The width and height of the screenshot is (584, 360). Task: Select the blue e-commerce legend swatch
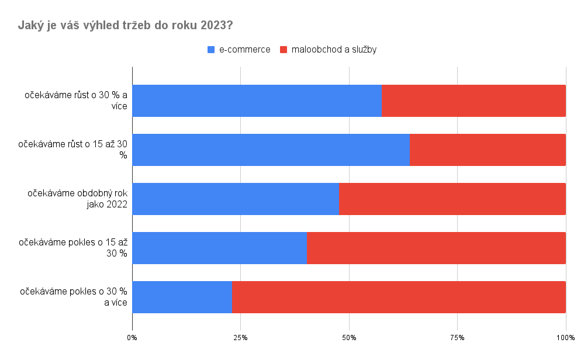tap(211, 50)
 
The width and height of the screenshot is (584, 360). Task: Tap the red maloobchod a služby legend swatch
tap(284, 50)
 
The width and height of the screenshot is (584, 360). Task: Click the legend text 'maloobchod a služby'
tap(334, 50)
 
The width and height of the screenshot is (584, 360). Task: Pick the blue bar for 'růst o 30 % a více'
tap(257, 101)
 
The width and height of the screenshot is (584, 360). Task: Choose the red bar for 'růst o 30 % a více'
tap(474, 101)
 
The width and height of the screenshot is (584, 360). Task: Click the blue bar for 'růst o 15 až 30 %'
tap(271, 150)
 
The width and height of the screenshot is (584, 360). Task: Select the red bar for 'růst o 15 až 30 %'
tap(488, 150)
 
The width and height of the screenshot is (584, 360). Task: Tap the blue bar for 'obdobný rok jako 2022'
tap(236, 199)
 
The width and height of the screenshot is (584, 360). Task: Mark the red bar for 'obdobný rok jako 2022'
tap(452, 199)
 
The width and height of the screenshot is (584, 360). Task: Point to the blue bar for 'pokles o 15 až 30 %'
tap(220, 248)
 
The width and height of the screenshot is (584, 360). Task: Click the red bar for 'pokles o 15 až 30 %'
tap(436, 248)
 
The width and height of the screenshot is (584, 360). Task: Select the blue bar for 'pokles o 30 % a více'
tap(182, 297)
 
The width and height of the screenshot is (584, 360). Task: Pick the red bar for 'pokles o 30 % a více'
tap(399, 297)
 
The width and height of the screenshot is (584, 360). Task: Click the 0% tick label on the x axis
tap(132, 338)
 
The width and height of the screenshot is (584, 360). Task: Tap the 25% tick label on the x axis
tap(240, 338)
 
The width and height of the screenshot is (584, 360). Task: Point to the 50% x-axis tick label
tap(349, 338)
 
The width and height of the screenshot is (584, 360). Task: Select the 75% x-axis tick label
tap(457, 338)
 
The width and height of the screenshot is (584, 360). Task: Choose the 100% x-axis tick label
tap(565, 338)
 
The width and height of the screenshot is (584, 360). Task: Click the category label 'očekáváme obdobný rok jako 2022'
tap(77, 199)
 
